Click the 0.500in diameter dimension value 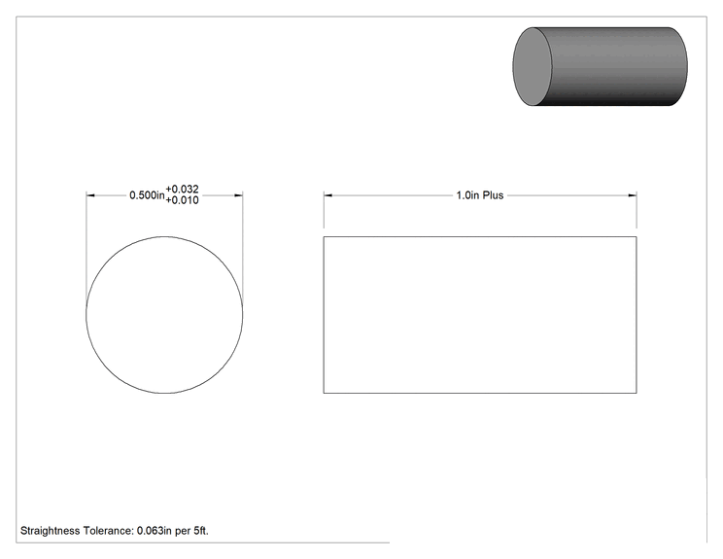(x=147, y=195)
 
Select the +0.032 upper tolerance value (x=182, y=190)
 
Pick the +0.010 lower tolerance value (x=182, y=200)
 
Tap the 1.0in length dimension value (x=467, y=195)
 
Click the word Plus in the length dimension (x=493, y=195)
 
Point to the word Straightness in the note (x=50, y=531)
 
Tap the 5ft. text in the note (x=200, y=531)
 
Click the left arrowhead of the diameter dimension (x=90, y=195)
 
